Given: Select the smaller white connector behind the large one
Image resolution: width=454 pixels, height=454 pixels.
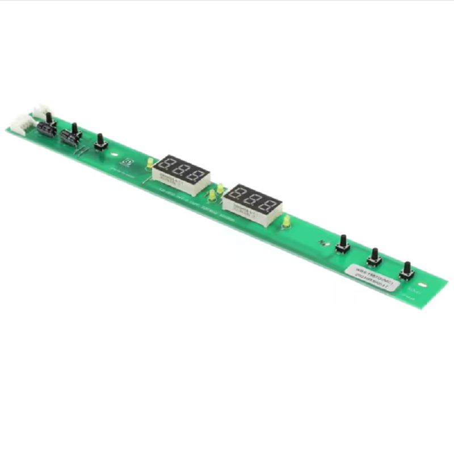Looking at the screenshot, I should [x=41, y=110].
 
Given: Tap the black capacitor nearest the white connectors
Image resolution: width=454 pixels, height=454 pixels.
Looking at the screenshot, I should [x=47, y=129].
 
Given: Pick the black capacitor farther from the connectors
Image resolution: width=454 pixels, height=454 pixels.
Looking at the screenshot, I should [x=69, y=138].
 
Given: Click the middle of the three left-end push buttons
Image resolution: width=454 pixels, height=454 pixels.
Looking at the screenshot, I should [x=74, y=132].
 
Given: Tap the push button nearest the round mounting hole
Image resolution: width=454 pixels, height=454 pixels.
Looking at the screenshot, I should [x=100, y=143].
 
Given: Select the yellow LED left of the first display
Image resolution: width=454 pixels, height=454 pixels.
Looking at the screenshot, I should [x=150, y=163].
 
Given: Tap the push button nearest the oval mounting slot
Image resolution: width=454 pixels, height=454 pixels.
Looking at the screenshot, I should [x=406, y=272].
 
